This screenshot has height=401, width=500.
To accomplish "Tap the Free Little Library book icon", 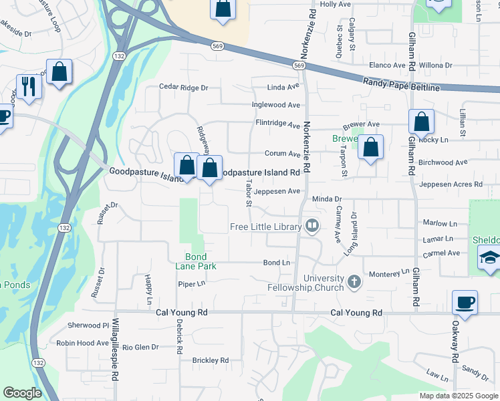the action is pyautogui.click(x=311, y=227).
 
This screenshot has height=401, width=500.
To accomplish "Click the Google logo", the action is pyautogui.click(x=22, y=393).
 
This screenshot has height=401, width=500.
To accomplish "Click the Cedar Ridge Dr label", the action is pyautogui.click(x=184, y=88).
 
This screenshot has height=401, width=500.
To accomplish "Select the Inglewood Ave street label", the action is pyautogui.click(x=275, y=105).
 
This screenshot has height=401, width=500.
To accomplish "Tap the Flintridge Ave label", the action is pyautogui.click(x=277, y=124).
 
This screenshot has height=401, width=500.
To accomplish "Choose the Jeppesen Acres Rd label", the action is pyautogui.click(x=450, y=184).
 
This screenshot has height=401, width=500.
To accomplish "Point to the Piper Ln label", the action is pyautogui.click(x=190, y=283).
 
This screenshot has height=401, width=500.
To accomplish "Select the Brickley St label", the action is pyautogui.click(x=210, y=360).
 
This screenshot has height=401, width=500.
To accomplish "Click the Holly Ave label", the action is pyautogui.click(x=336, y=4).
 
